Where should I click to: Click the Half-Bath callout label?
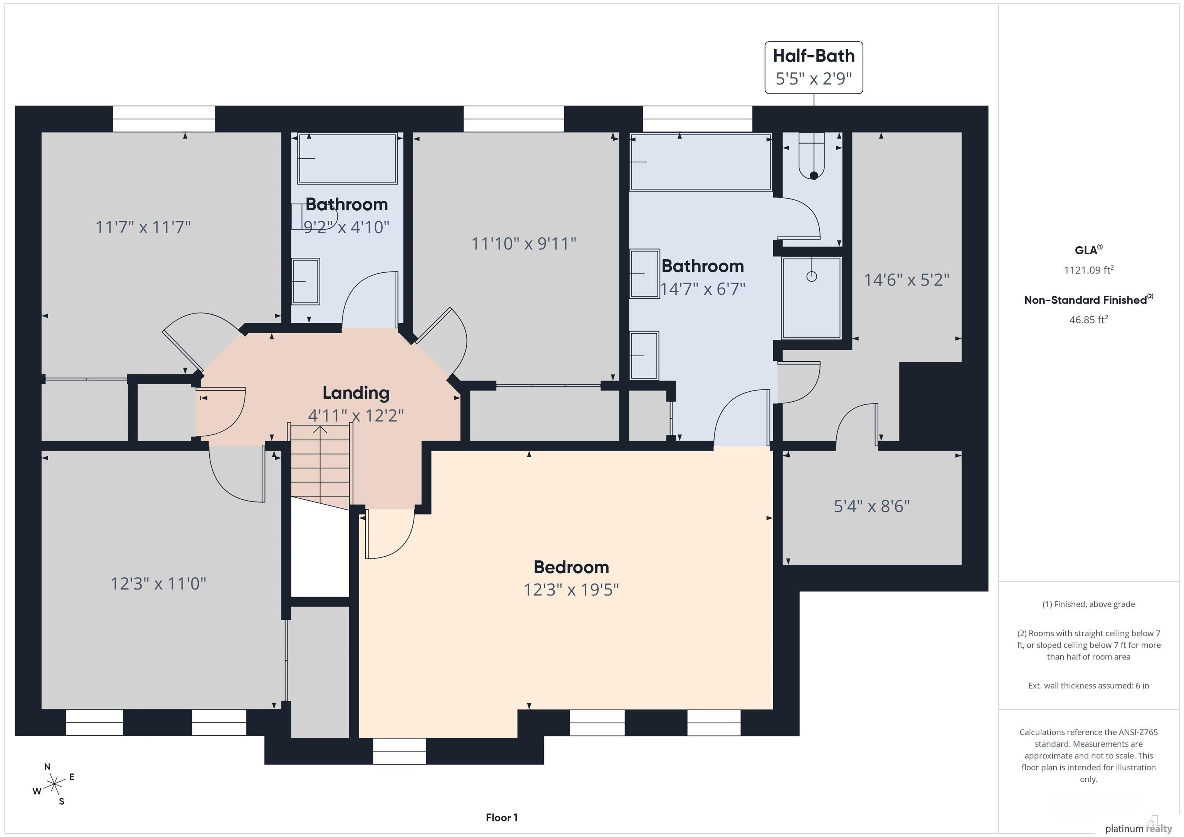813,67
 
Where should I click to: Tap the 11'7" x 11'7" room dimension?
143,227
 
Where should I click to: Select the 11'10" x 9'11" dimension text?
524,243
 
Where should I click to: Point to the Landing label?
356,393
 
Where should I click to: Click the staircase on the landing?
321,466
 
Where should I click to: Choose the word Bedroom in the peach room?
571,567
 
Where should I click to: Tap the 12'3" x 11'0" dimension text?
158,584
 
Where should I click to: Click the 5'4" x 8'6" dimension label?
872,506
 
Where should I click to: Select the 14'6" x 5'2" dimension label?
906,280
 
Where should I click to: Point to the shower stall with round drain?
812,298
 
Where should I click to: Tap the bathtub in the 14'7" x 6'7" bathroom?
701,162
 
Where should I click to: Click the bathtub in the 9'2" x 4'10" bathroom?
347,158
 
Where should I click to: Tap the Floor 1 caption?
502,817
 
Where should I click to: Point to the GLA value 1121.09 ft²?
1088,270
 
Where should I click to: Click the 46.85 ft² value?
1088,320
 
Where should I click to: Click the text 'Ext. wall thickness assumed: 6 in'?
1088,686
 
